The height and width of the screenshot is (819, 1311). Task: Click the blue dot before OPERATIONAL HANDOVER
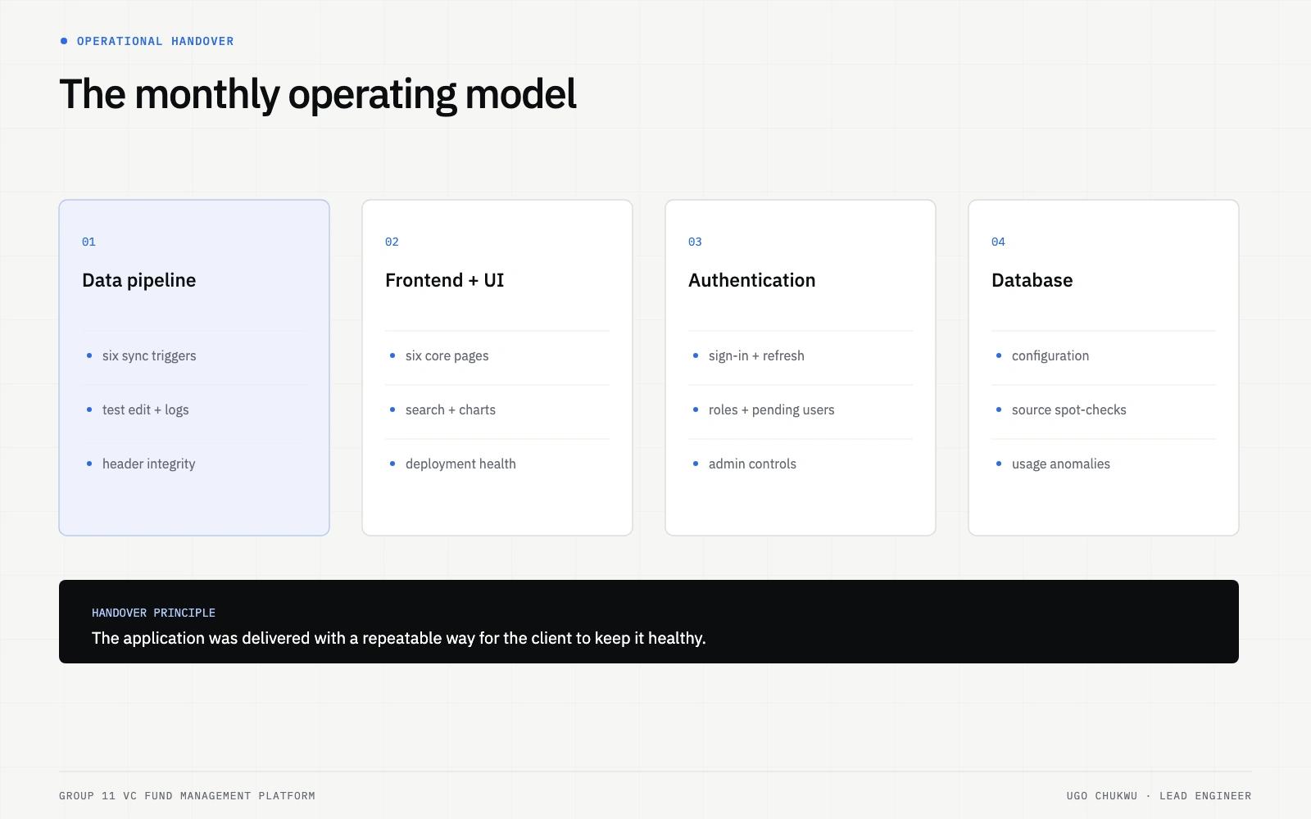tap(64, 41)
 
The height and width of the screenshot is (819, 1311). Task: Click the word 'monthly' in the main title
tap(207, 95)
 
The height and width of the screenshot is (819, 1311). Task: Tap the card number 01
tap(89, 242)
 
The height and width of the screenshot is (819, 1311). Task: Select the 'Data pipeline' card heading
tap(138, 280)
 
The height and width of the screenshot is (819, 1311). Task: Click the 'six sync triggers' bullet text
tap(149, 355)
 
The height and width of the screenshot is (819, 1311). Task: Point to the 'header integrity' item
tap(148, 464)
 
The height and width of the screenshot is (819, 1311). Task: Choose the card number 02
tap(392, 242)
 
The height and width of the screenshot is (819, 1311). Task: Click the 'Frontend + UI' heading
tap(444, 280)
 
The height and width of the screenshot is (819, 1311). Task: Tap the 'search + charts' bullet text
tap(451, 410)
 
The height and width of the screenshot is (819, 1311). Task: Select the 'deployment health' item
tap(460, 464)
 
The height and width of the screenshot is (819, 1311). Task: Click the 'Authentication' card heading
tap(751, 280)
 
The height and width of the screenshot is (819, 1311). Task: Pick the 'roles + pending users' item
tap(771, 410)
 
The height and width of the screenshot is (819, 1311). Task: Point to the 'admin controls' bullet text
tap(752, 464)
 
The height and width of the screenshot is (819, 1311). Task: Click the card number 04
tap(999, 242)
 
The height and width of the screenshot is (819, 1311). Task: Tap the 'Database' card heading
tap(1032, 280)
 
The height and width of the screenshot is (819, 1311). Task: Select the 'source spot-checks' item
tap(1068, 410)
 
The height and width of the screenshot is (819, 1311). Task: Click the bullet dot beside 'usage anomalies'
tap(999, 464)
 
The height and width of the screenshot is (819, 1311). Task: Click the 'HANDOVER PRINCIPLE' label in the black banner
tap(153, 613)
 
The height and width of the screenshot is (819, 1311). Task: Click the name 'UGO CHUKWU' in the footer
tap(1101, 796)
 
